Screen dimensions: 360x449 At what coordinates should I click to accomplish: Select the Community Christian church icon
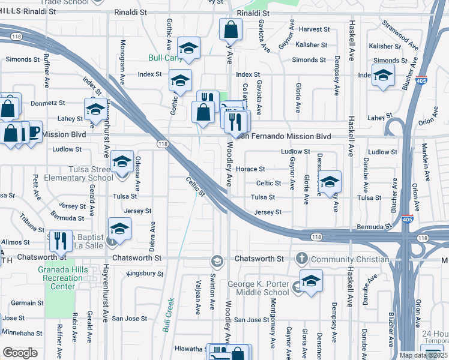pyautogui.click(x=301, y=259)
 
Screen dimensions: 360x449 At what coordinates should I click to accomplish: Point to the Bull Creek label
pyautogui.click(x=168, y=315)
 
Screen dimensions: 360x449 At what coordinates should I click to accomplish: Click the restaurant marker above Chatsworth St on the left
pyautogui.click(x=61, y=242)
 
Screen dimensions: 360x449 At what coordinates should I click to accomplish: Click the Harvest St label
pyautogui.click(x=311, y=29)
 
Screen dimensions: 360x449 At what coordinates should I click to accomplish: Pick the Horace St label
pyautogui.click(x=250, y=169)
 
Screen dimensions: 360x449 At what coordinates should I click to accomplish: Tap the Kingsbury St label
pyautogui.click(x=145, y=274)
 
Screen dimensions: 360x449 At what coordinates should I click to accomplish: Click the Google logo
pyautogui.click(x=20, y=353)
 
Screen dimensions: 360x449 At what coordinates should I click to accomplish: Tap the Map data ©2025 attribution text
pyautogui.click(x=424, y=355)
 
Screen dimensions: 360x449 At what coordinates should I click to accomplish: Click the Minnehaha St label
pyautogui.click(x=21, y=332)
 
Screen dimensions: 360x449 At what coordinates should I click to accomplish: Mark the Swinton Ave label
pyautogui.click(x=212, y=296)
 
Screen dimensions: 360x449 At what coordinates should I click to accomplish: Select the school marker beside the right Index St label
pyautogui.click(x=382, y=75)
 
